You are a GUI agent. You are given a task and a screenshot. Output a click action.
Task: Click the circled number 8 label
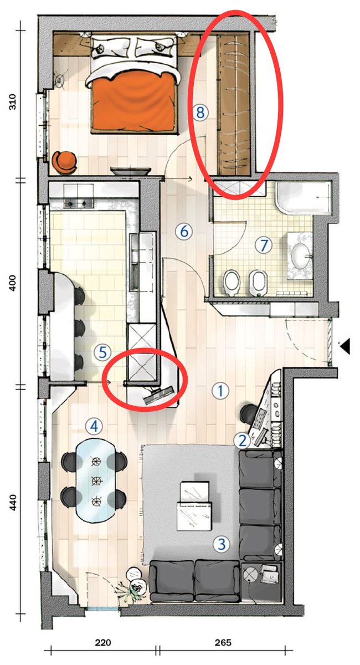click(200, 112)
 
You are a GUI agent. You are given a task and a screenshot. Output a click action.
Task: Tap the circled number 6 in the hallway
click(184, 231)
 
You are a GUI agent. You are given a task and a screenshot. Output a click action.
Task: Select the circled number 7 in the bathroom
click(264, 245)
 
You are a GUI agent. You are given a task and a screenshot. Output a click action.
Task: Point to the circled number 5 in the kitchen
click(102, 352)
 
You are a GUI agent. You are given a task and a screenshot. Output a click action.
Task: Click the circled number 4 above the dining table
click(94, 427)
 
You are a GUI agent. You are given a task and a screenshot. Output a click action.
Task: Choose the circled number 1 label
click(220, 391)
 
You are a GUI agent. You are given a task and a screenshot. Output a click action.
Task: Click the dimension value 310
click(13, 102)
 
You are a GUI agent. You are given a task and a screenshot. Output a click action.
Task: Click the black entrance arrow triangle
click(345, 346)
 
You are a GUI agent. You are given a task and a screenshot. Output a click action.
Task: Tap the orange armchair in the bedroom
click(64, 162)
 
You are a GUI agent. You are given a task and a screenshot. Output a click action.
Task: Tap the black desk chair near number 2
click(248, 413)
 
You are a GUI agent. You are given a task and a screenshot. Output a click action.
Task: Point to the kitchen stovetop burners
click(79, 203)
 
